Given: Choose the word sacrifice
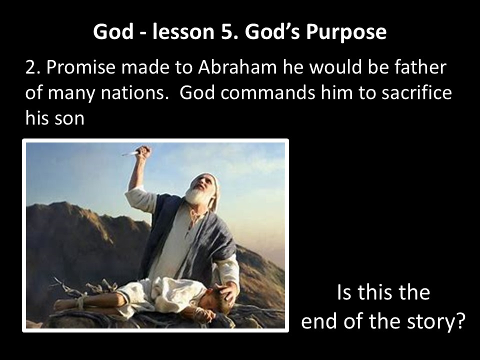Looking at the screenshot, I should [415, 93].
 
